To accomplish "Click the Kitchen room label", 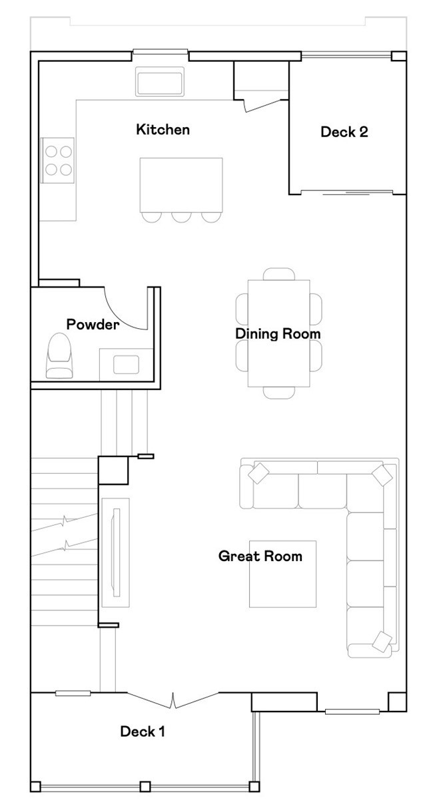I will click(163, 129).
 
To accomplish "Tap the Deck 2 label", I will click(344, 132).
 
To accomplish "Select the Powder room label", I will click(93, 325).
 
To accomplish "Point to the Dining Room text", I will click(278, 333).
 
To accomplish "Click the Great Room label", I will click(260, 556).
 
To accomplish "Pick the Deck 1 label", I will click(142, 731).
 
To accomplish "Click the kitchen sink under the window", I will click(159, 82).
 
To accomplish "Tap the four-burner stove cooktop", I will click(58, 160).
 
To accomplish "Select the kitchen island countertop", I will click(181, 184).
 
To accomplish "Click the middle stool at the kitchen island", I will click(181, 216).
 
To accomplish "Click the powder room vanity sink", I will click(126, 365).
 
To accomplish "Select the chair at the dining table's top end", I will click(278, 274).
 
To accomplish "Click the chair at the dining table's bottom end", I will click(278, 393).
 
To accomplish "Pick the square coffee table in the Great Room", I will click(282, 574).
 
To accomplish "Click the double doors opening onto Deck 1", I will click(173, 699).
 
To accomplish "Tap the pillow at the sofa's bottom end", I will click(382, 640).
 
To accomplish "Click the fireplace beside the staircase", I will click(115, 552).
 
